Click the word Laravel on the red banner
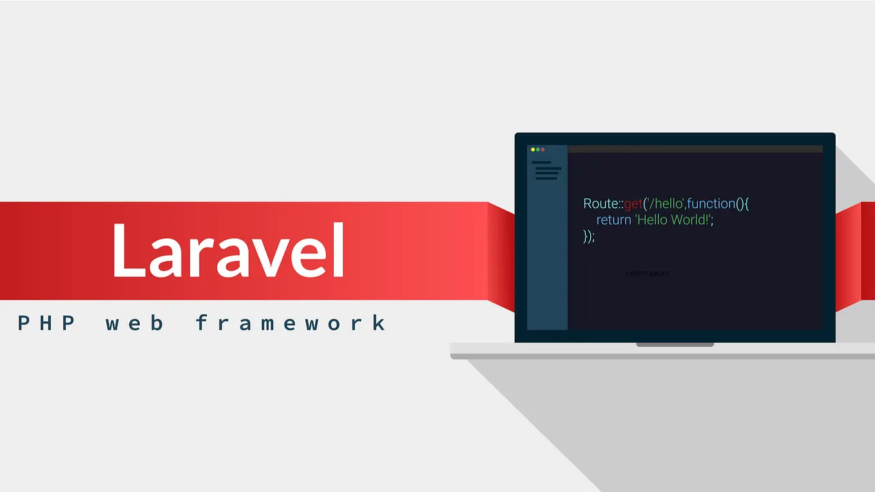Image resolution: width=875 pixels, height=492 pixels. [x=228, y=251]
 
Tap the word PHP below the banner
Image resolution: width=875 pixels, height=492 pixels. [x=47, y=323]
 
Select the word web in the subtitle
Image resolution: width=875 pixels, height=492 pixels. [x=134, y=323]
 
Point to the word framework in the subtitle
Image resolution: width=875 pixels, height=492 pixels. [x=291, y=323]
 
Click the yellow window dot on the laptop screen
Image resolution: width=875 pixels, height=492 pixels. [x=532, y=149]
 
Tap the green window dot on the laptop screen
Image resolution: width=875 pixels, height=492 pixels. [x=537, y=149]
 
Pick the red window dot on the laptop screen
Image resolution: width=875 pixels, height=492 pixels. [x=543, y=149]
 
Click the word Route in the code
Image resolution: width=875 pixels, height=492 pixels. [x=601, y=203]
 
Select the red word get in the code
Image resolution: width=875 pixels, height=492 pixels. [x=633, y=204]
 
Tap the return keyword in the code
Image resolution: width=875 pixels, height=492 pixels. [x=613, y=220]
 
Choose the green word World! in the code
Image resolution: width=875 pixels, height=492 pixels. [x=693, y=220]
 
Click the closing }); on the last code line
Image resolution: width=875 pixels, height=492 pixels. [x=589, y=236]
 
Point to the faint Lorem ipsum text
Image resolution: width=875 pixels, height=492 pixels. [x=648, y=273]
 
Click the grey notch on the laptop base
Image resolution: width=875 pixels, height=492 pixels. [x=675, y=345]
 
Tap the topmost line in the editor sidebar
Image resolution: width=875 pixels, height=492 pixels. [x=541, y=162]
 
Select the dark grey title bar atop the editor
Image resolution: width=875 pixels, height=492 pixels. [x=695, y=149]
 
